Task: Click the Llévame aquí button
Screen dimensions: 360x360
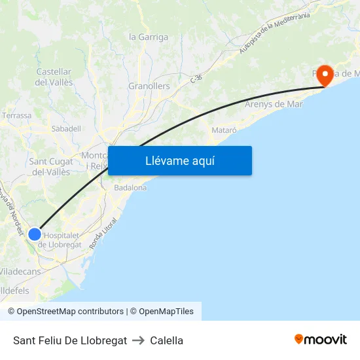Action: (179, 160)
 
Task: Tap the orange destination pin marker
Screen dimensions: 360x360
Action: (325, 75)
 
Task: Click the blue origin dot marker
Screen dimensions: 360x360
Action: (35, 234)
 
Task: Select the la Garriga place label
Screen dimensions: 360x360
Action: (149, 37)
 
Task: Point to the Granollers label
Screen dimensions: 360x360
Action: (149, 86)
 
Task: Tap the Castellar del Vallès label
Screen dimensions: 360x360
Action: (54, 77)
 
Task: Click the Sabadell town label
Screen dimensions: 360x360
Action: (66, 129)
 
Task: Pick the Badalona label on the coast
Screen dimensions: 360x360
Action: (130, 188)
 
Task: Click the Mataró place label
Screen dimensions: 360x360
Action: (224, 131)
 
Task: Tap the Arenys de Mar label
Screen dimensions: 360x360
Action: (274, 104)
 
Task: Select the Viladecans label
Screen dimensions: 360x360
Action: (20, 271)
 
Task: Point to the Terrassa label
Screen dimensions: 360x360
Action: (16, 116)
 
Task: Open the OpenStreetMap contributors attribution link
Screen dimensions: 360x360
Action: (70, 312)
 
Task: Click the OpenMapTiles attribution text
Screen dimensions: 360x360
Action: (166, 312)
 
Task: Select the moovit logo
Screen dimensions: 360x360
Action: (321, 340)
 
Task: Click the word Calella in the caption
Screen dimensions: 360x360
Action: (167, 340)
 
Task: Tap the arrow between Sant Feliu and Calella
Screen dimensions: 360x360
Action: (138, 340)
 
